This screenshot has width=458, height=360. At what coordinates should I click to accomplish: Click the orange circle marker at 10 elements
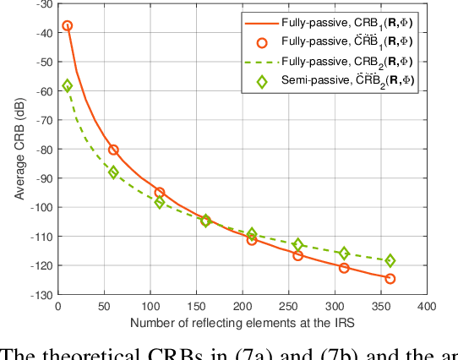(x=68, y=26)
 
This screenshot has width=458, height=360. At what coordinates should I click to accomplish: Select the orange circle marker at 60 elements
(x=113, y=150)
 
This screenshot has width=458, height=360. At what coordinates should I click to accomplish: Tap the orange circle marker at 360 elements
(x=390, y=278)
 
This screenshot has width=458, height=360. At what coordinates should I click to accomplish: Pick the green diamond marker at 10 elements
(x=68, y=86)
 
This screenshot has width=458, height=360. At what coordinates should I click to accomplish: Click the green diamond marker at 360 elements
(x=390, y=261)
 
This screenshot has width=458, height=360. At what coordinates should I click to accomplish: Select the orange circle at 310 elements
(x=344, y=268)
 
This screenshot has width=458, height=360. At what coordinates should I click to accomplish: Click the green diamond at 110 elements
(x=160, y=203)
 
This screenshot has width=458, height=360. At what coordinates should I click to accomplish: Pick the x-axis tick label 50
(x=104, y=305)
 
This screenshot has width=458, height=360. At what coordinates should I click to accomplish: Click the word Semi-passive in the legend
(x=314, y=80)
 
